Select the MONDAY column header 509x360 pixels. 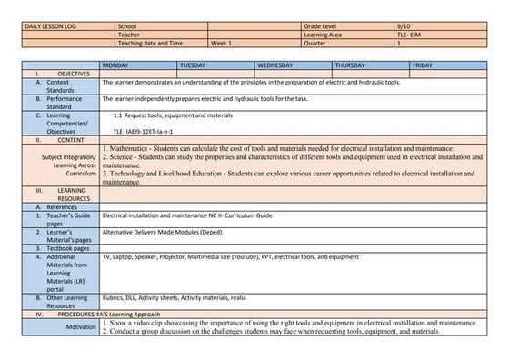[119, 65]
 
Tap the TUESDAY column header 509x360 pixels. [196, 65]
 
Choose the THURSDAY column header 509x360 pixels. [355, 65]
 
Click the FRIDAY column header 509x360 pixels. [423, 65]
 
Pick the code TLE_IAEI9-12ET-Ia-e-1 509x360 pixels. [149, 132]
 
